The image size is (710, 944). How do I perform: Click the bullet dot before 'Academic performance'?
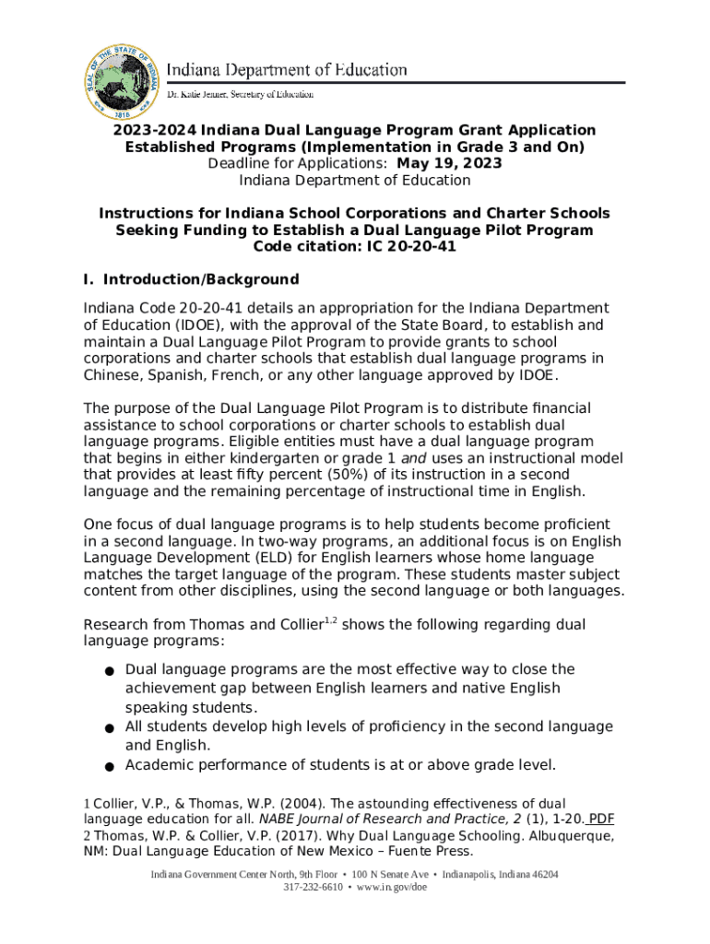pos(109,766)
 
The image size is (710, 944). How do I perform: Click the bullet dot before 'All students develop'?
pos(109,728)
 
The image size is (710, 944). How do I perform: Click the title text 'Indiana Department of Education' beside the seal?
pos(287,70)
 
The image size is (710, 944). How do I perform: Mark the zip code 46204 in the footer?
pos(539,874)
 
